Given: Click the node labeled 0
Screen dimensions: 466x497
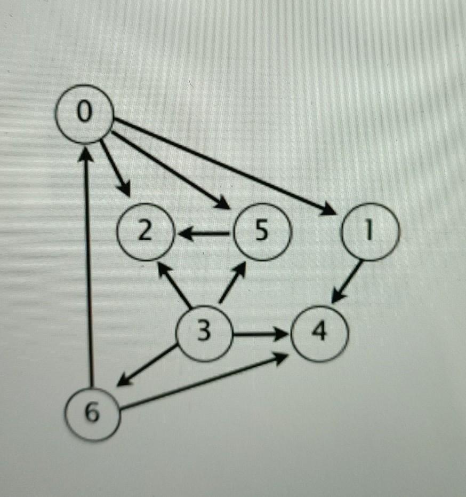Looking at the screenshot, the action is pyautogui.click(x=84, y=114).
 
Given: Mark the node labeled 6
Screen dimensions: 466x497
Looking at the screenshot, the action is pyautogui.click(x=92, y=414).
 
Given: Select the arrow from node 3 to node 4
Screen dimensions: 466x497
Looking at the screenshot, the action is pyautogui.click(x=261, y=335).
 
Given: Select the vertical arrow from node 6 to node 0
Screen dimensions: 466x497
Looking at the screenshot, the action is pyautogui.click(x=89, y=267).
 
